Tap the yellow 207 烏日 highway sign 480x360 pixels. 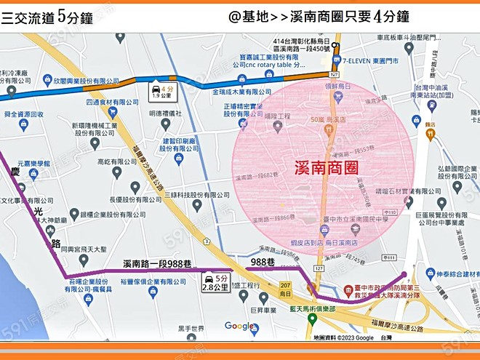tap(285, 287)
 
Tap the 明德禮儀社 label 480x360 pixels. tap(166, 113)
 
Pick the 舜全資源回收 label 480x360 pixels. tap(23, 114)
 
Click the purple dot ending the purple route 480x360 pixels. tap(404, 275)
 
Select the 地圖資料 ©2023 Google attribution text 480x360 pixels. tap(343, 337)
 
